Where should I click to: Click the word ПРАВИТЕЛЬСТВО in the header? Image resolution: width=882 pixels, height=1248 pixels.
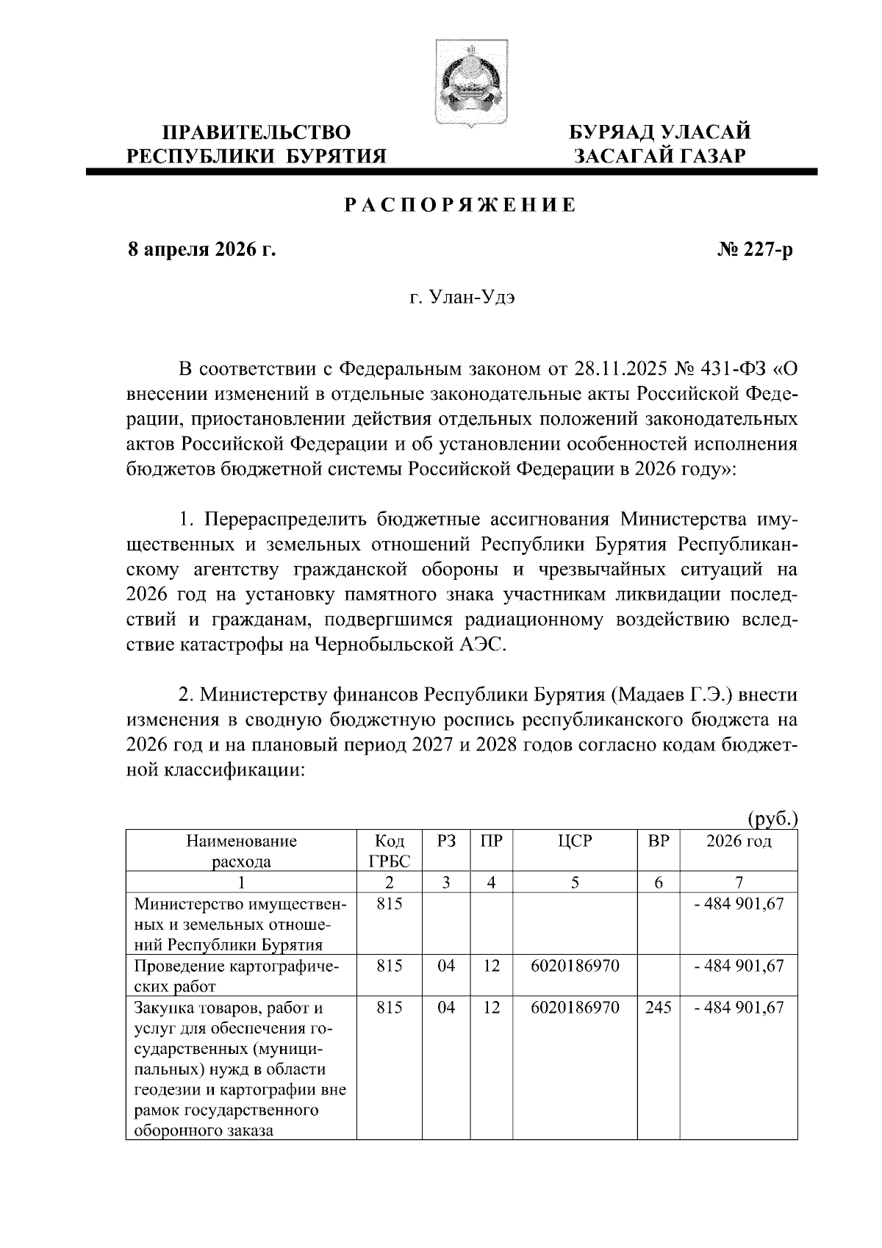(257, 133)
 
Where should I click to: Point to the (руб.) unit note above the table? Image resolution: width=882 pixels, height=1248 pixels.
(772, 819)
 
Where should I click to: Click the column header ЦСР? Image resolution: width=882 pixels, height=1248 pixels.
(575, 841)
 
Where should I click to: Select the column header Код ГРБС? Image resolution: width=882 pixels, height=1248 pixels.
(389, 851)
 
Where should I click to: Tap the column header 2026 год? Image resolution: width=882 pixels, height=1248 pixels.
(739, 841)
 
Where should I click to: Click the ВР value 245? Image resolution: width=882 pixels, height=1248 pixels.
(659, 1007)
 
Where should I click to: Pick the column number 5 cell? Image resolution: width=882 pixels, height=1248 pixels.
(575, 882)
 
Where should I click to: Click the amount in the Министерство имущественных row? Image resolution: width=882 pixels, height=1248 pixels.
(739, 903)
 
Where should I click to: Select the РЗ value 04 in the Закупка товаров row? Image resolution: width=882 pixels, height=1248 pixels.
(446, 1007)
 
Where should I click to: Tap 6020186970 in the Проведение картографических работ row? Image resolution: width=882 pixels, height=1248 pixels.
(575, 965)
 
